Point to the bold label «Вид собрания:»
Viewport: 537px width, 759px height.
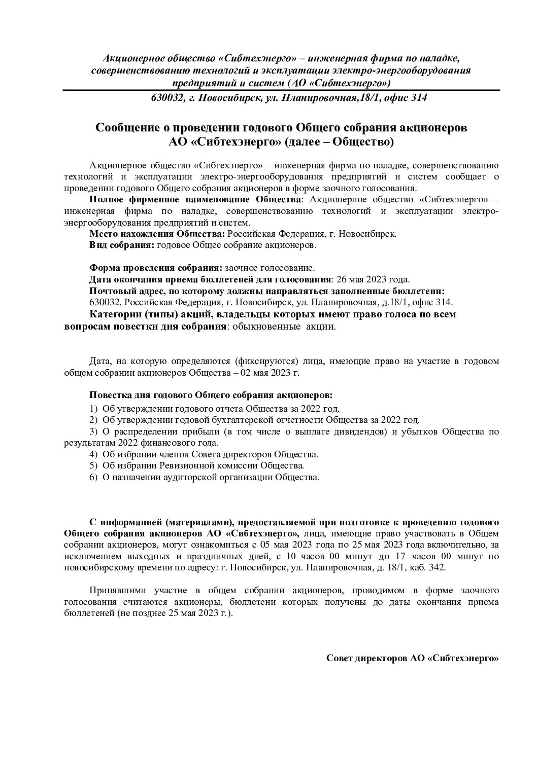pos(122,245)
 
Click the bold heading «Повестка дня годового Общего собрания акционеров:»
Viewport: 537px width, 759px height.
pos(212,395)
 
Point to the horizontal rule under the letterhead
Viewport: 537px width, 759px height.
pos(281,90)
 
